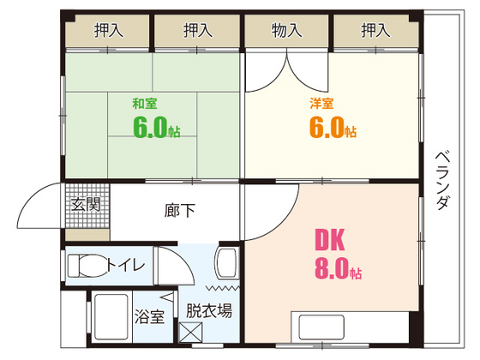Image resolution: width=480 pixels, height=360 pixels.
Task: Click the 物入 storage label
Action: [x=287, y=31]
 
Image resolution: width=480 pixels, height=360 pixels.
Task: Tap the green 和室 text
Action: [x=143, y=105]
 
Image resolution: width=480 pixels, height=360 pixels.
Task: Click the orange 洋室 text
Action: [x=322, y=105]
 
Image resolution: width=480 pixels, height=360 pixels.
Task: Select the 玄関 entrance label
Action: [x=86, y=206]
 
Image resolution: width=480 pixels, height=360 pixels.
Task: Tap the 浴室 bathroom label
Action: [x=149, y=316]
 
